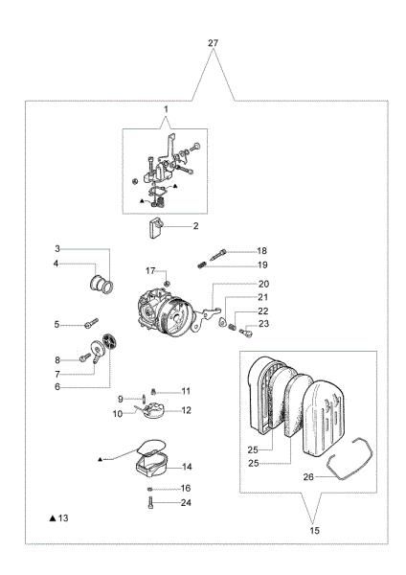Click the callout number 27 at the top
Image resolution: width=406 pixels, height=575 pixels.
(x=214, y=44)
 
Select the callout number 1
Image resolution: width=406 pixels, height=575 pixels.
(x=166, y=110)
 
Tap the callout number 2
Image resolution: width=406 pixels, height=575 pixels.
(x=195, y=226)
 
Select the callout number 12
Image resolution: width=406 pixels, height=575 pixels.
(x=187, y=410)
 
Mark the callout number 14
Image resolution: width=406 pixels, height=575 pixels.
(x=187, y=467)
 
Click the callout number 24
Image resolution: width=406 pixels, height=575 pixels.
(x=187, y=502)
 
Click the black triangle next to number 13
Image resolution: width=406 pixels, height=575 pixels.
(x=53, y=517)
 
